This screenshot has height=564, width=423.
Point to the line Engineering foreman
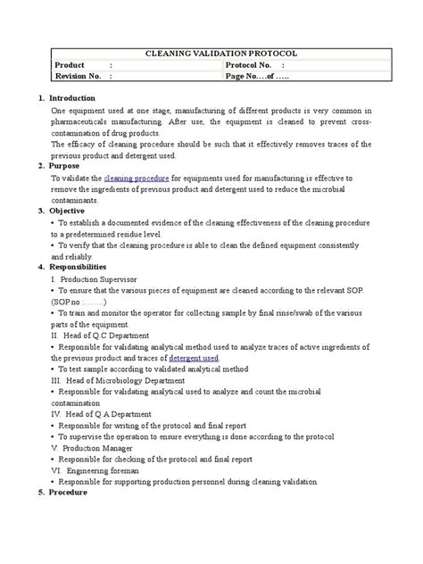(98, 469)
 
